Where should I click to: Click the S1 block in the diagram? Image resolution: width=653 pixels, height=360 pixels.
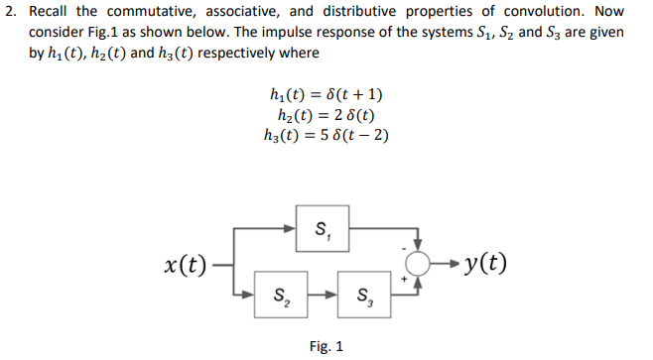point(321,232)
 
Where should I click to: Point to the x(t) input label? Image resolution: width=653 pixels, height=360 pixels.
point(186,265)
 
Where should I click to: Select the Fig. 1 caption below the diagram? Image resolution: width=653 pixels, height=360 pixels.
point(326,347)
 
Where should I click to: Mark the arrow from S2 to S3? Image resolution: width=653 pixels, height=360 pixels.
point(321,294)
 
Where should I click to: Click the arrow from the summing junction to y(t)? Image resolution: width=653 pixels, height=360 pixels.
point(445,264)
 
